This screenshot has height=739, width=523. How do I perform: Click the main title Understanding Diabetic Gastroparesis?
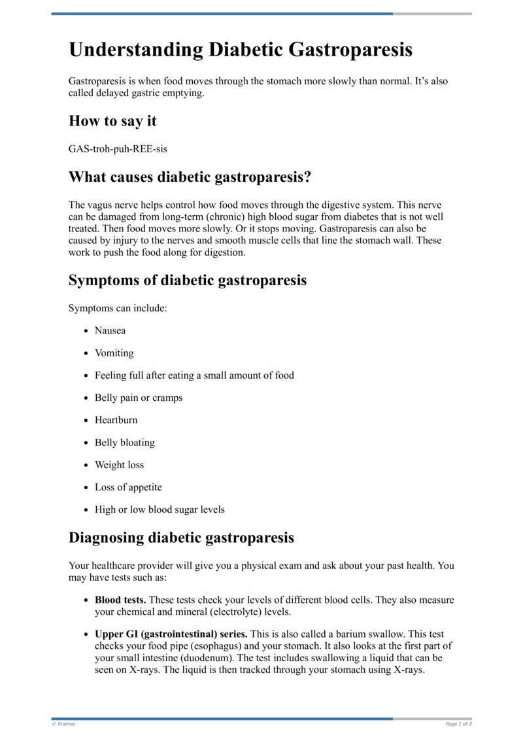(x=240, y=50)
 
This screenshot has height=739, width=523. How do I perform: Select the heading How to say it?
(x=112, y=121)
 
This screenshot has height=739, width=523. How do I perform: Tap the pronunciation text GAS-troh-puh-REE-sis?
(x=118, y=148)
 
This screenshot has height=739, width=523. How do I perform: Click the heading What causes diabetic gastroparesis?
(x=190, y=177)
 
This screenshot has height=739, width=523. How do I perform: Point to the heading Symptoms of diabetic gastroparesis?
(x=188, y=280)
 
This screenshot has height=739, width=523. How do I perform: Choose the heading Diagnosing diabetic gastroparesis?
(x=181, y=538)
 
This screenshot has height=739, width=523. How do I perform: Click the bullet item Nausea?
(x=110, y=331)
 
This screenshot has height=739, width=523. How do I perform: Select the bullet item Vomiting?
(x=114, y=353)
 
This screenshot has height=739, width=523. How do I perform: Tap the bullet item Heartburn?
(x=116, y=420)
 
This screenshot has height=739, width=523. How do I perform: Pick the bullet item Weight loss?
(x=119, y=465)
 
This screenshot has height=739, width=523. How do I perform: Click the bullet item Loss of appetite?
(x=128, y=487)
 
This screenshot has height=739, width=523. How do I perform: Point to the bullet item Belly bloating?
(x=124, y=443)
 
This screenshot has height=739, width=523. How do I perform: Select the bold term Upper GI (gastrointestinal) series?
(x=171, y=634)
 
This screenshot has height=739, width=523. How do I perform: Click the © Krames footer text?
(x=63, y=724)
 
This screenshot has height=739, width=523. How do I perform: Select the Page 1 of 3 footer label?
(x=458, y=724)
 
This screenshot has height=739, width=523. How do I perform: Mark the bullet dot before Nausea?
(x=86, y=332)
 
